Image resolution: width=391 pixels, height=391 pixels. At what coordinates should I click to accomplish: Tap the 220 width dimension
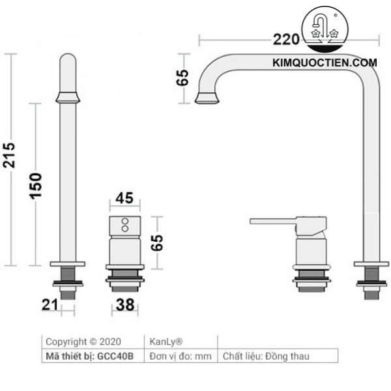pos(285,40)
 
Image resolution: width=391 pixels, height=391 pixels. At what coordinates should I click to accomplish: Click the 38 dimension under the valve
pos(125,303)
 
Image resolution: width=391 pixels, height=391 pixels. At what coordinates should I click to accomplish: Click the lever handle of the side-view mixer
pos(274,222)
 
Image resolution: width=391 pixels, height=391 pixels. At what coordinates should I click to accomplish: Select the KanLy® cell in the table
pos(166,341)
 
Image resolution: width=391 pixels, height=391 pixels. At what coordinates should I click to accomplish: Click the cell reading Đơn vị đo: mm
pos(181,356)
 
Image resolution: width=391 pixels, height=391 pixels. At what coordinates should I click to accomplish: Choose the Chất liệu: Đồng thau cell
pos(266,356)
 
